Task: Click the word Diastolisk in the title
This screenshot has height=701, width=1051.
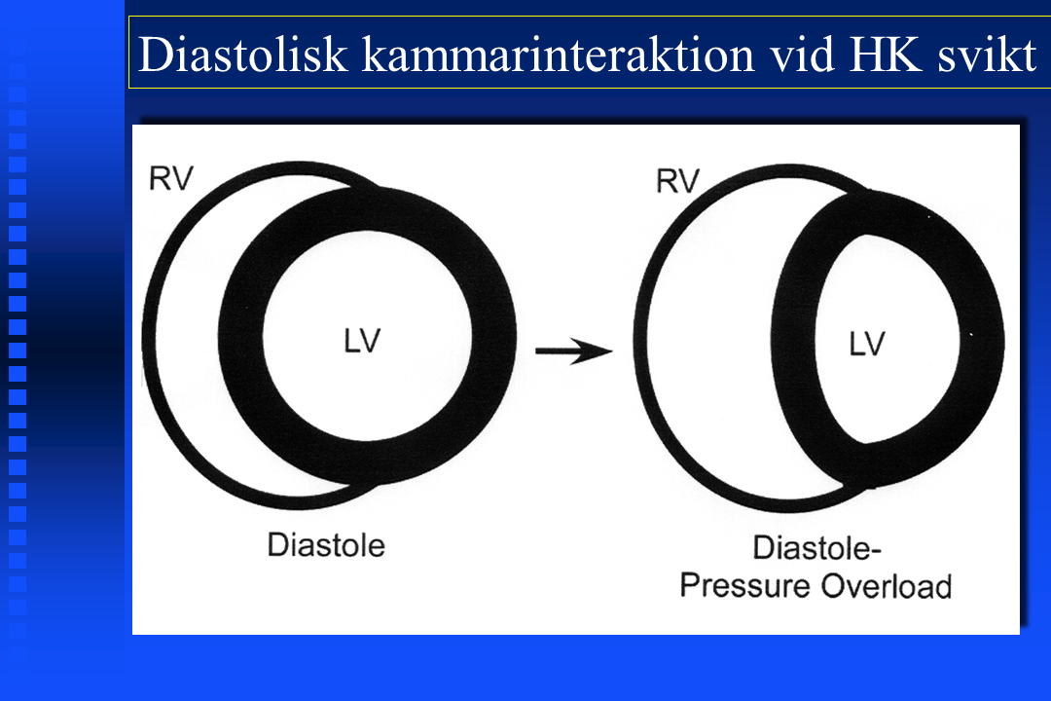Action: coord(242,54)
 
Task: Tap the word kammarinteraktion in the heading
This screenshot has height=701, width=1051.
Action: coord(559,54)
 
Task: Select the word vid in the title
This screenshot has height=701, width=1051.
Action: coord(802,54)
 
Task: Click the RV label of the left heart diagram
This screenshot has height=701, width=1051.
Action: coord(171,178)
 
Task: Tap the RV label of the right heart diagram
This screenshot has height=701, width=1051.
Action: coord(677,181)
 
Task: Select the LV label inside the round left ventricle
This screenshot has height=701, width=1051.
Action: coord(362,341)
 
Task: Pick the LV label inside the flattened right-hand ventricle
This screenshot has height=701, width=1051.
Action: coord(867,344)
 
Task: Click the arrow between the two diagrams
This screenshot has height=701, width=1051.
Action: coord(574,350)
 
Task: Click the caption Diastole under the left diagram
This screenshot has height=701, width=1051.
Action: coord(326,544)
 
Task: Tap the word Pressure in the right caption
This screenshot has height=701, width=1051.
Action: coord(745,585)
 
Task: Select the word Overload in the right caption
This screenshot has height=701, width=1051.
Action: coord(887,585)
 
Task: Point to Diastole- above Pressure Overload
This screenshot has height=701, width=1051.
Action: coord(817,548)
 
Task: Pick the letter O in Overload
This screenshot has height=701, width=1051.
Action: coord(834,586)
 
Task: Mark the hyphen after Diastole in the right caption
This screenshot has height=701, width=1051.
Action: coord(876,551)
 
